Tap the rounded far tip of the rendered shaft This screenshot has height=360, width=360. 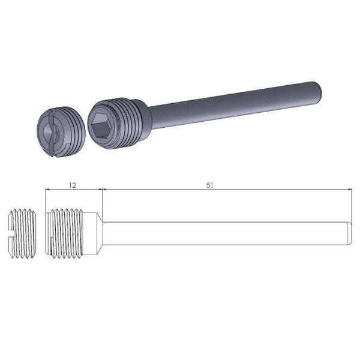323,90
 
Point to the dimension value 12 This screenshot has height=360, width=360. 72,185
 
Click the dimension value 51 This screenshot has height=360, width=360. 211,185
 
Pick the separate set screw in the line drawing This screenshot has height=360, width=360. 22,233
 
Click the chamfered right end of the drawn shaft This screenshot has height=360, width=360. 350,233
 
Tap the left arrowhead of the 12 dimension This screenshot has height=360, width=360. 48,190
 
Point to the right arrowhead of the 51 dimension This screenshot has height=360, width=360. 350,190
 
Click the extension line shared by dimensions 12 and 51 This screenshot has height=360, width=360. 103,201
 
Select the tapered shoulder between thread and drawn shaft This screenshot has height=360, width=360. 100,233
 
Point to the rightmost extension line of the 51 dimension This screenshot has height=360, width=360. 352,204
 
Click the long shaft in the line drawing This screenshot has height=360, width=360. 228,233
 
